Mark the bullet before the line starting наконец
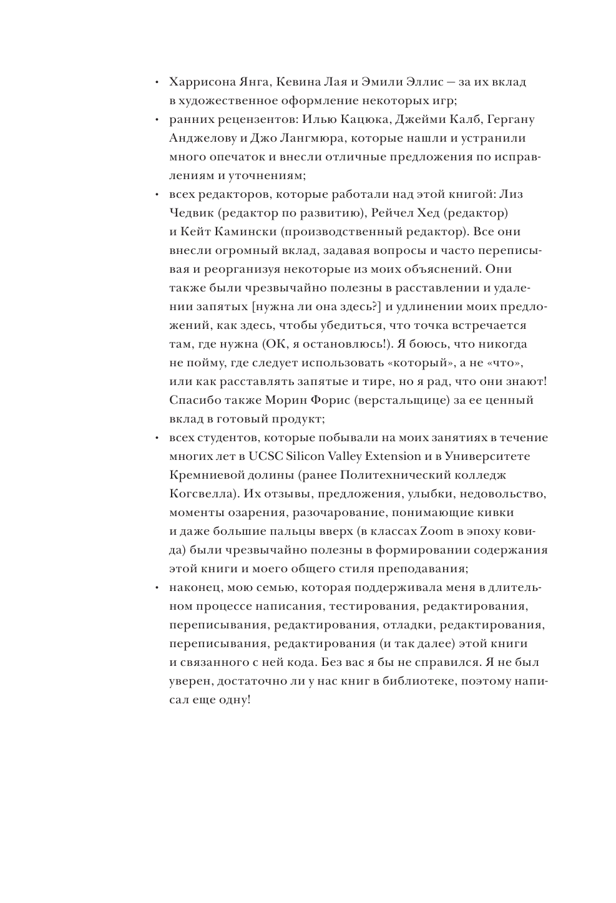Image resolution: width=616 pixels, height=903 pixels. point(158,588)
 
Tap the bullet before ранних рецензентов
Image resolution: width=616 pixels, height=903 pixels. point(158,120)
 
